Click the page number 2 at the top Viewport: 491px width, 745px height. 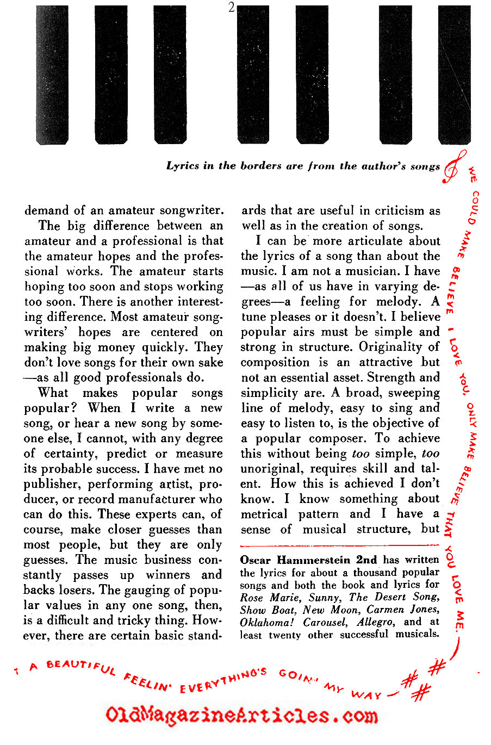[x=232, y=8]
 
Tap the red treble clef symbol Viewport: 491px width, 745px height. [x=455, y=165]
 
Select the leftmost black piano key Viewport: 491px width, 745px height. [x=52, y=74]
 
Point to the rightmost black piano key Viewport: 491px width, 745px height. [x=455, y=74]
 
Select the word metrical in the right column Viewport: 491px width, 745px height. [x=264, y=514]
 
